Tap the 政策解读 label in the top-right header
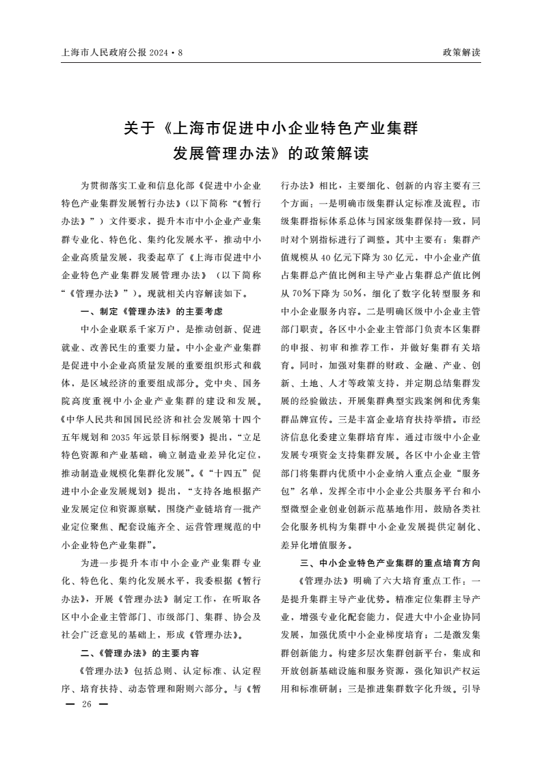[x=462, y=52]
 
